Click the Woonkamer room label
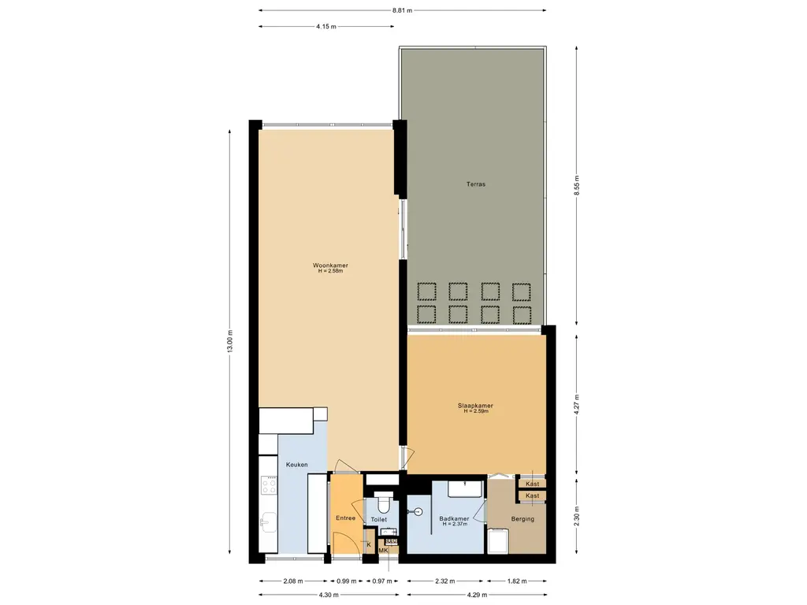pyautogui.click(x=330, y=265)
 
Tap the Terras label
pyautogui.click(x=475, y=184)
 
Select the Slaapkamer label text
pyautogui.click(x=475, y=406)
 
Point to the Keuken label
pyautogui.click(x=296, y=465)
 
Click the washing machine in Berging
pyautogui.click(x=498, y=540)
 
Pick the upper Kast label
pyautogui.click(x=533, y=484)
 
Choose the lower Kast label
pyautogui.click(x=533, y=496)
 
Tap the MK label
pyautogui.click(x=383, y=550)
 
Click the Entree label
pyautogui.click(x=345, y=518)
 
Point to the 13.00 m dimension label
pyautogui.click(x=231, y=341)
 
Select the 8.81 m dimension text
pyautogui.click(x=402, y=10)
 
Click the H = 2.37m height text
pyautogui.click(x=455, y=524)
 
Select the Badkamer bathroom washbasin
pyautogui.click(x=466, y=488)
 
